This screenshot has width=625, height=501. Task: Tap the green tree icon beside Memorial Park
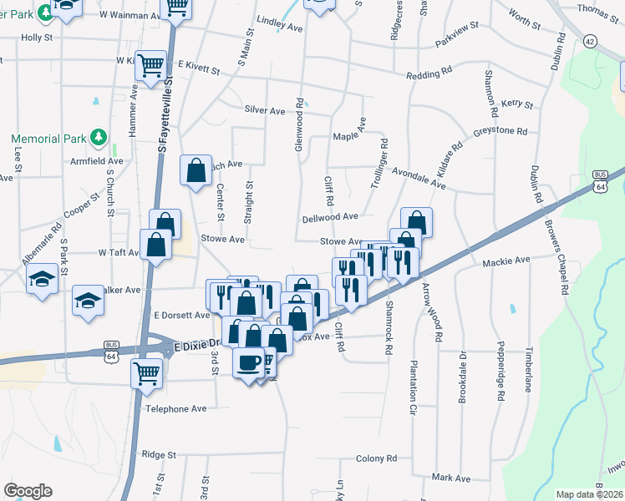click(x=99, y=137)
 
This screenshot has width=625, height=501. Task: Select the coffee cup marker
click(x=248, y=363)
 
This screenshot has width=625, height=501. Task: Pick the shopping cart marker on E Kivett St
click(x=151, y=65)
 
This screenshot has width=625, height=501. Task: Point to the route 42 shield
click(x=591, y=41)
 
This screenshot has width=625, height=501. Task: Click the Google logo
click(x=28, y=491)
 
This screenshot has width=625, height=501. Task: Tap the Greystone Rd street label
click(x=501, y=131)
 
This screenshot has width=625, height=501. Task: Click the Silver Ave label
click(x=265, y=110)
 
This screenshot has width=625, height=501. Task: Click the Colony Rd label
click(x=376, y=458)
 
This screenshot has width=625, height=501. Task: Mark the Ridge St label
click(x=159, y=455)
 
